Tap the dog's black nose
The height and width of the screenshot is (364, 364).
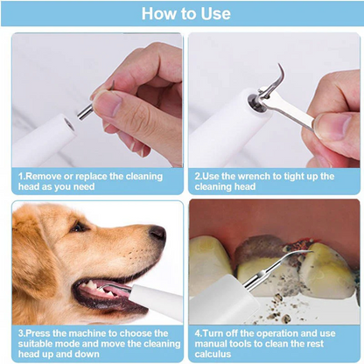pyautogui.click(x=157, y=234)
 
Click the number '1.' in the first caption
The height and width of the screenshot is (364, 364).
pyautogui.click(x=22, y=176)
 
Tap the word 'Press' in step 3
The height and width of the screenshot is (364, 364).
pyautogui.click(x=39, y=333)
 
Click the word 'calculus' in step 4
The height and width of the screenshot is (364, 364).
pyautogui.click(x=213, y=354)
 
